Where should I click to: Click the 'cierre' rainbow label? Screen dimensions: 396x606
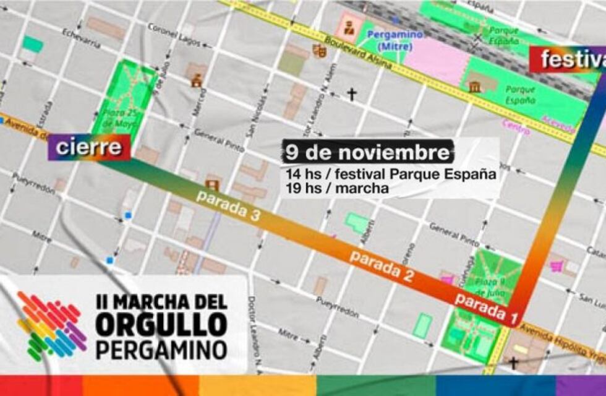(x=89, y=148)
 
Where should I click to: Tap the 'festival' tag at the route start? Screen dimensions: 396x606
(x=570, y=60)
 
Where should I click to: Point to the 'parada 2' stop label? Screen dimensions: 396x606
(x=381, y=267)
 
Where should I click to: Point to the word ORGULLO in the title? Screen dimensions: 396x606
(x=161, y=326)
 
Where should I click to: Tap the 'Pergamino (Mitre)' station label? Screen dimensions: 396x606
(x=395, y=40)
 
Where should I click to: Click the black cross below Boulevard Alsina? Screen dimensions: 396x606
(x=351, y=94)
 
